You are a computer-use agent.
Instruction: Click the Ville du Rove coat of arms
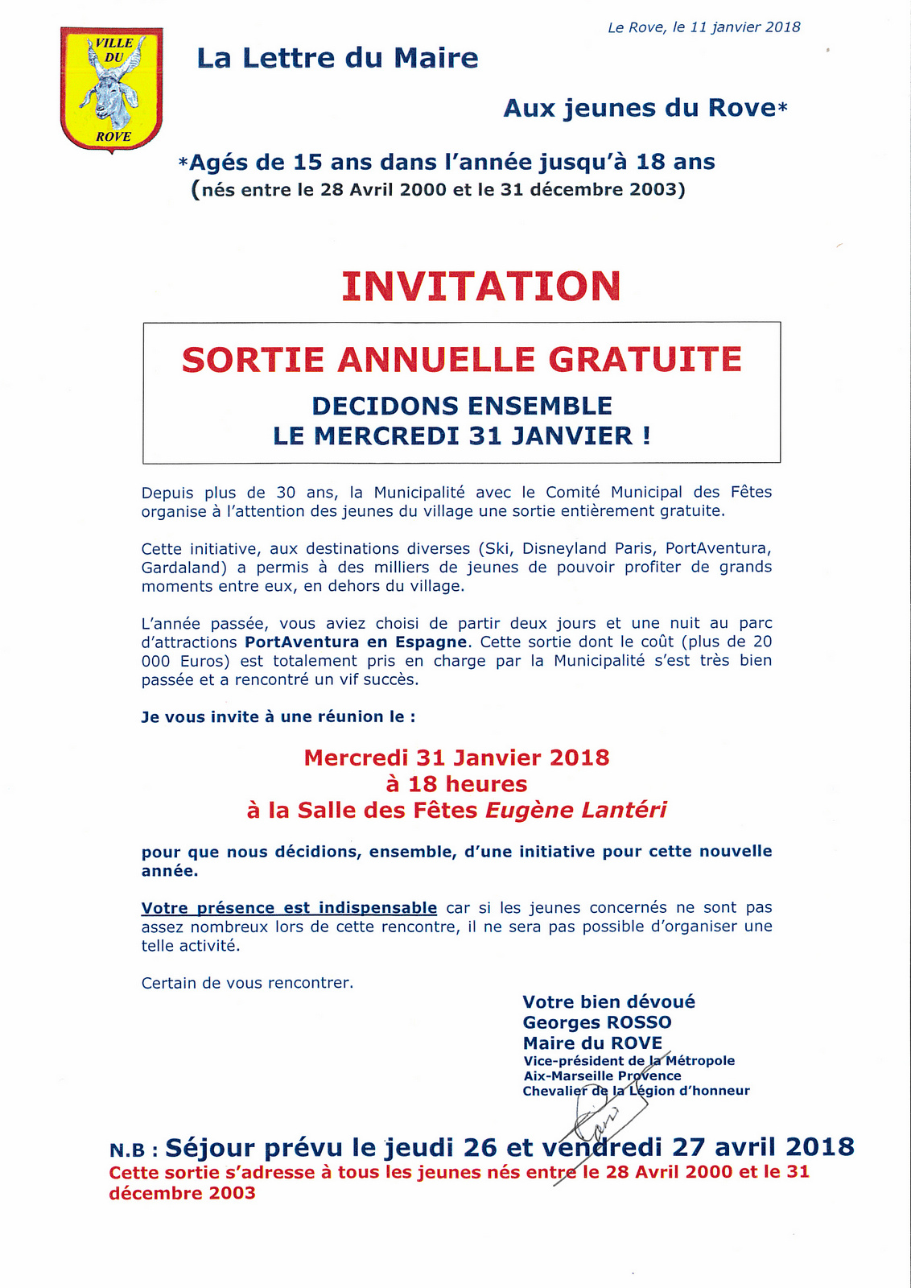[x=111, y=89]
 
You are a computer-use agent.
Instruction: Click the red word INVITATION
[x=481, y=286]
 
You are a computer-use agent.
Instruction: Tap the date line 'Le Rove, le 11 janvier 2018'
[x=703, y=27]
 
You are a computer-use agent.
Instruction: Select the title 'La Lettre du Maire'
[x=337, y=58]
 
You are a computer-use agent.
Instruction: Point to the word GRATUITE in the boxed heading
[x=645, y=360]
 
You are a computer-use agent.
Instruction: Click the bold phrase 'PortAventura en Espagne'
[x=356, y=642]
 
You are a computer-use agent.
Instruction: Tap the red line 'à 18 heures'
[x=456, y=784]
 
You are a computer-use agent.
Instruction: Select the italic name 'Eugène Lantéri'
[x=575, y=810]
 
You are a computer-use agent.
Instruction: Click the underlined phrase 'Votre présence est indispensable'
[x=289, y=908]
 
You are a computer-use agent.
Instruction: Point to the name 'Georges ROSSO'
[x=597, y=1022]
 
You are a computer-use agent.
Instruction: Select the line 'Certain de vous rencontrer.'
[x=247, y=983]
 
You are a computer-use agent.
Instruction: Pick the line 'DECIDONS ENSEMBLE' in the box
[x=462, y=406]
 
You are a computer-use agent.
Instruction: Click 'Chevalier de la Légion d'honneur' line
[x=636, y=1091]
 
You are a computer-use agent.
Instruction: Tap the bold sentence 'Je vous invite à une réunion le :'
[x=278, y=716]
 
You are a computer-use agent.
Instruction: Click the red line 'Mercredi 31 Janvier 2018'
[x=456, y=758]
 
